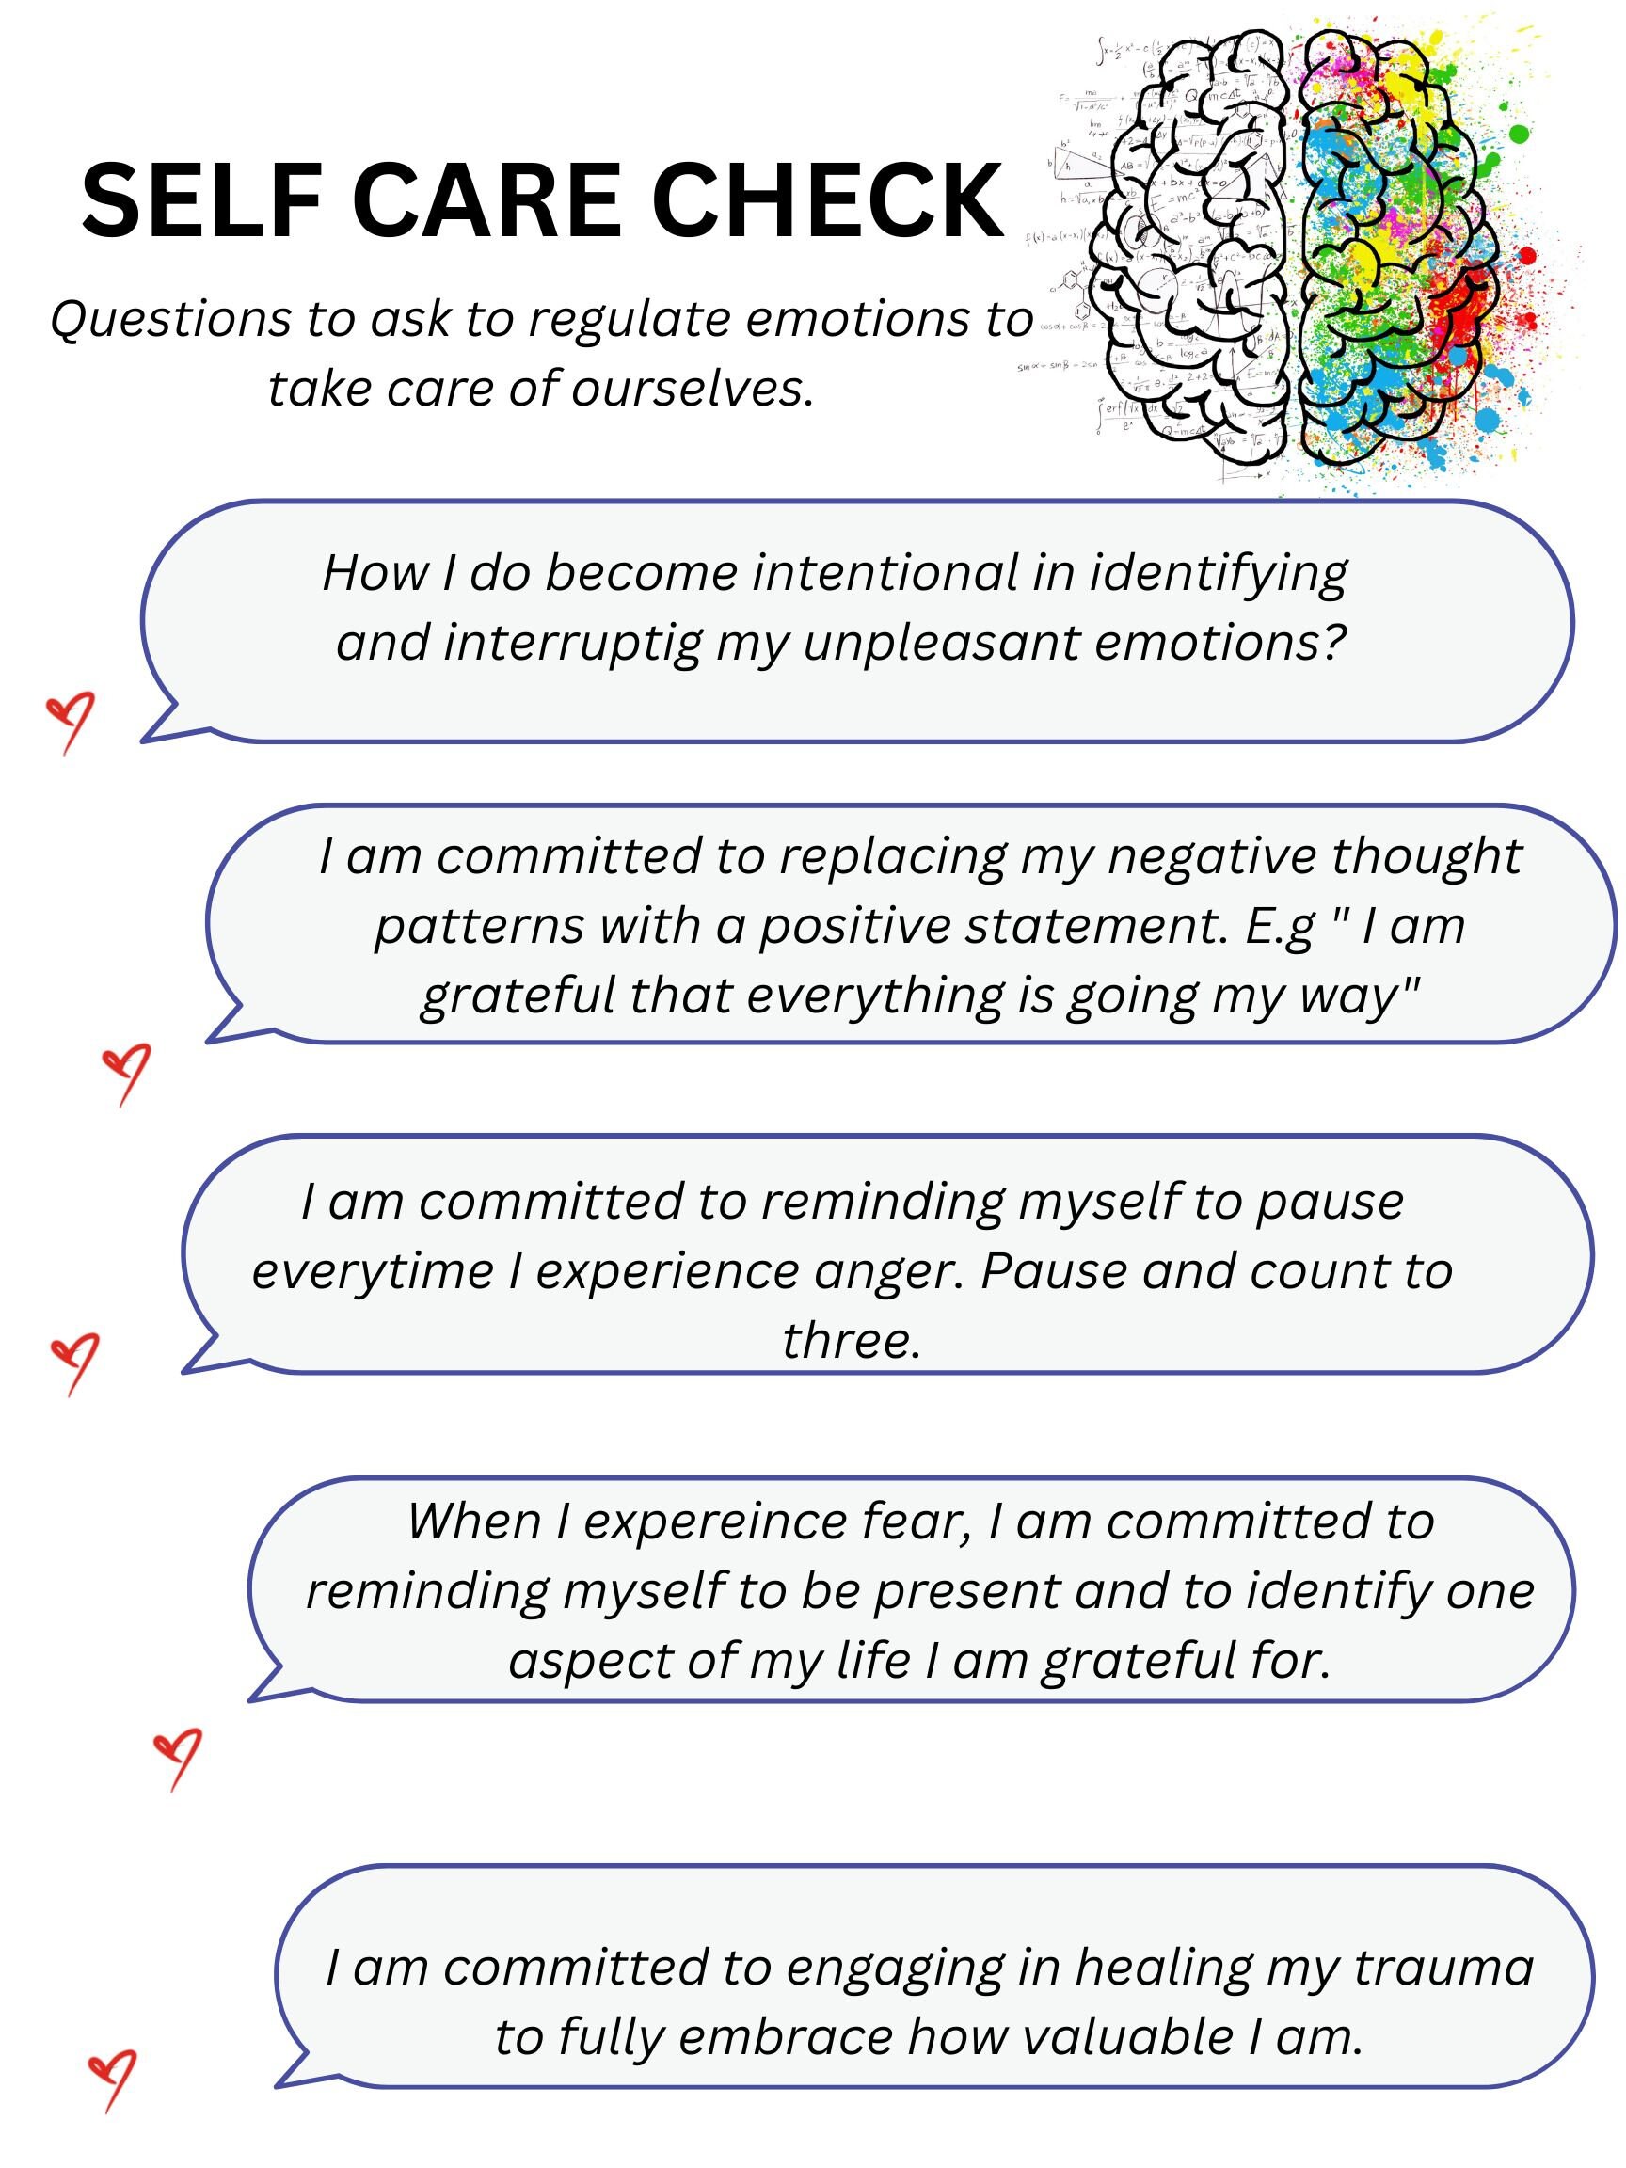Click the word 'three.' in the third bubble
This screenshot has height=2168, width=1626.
(851, 1340)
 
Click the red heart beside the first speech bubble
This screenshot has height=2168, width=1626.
(72, 718)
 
